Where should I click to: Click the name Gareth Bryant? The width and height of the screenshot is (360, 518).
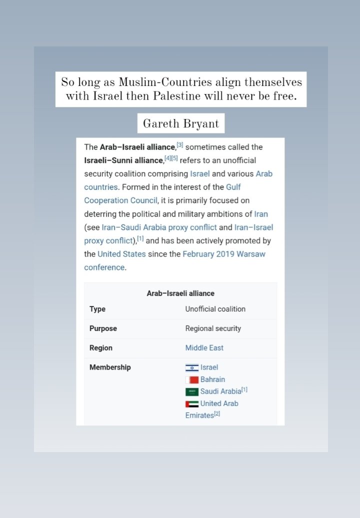pyautogui.click(x=180, y=123)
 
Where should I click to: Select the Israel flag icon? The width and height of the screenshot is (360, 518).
pyautogui.click(x=192, y=368)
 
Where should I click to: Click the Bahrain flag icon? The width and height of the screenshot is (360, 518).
pyautogui.click(x=192, y=380)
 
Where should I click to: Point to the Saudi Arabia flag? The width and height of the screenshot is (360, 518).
pyautogui.click(x=192, y=391)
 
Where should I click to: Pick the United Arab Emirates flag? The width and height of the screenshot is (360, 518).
pyautogui.click(x=192, y=403)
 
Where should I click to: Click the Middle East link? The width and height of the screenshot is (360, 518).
pyautogui.click(x=204, y=348)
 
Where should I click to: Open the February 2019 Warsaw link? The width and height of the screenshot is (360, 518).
pyautogui.click(x=223, y=254)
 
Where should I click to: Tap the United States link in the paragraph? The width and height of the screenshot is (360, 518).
pyautogui.click(x=121, y=254)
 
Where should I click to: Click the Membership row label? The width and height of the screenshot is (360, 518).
pyautogui.click(x=110, y=367)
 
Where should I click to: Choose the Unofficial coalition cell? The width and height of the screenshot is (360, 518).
pyautogui.click(x=215, y=309)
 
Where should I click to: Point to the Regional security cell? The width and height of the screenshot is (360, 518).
pyautogui.click(x=213, y=328)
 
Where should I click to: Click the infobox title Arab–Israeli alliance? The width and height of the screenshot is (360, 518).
pyautogui.click(x=180, y=293)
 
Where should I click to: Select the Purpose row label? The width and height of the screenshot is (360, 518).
pyautogui.click(x=103, y=328)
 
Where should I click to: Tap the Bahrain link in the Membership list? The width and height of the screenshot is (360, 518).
pyautogui.click(x=212, y=379)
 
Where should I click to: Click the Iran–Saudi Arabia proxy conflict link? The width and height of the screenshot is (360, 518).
pyautogui.click(x=159, y=227)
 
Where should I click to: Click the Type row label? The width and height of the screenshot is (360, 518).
pyautogui.click(x=97, y=309)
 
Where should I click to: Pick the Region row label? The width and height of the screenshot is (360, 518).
pyautogui.click(x=101, y=348)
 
